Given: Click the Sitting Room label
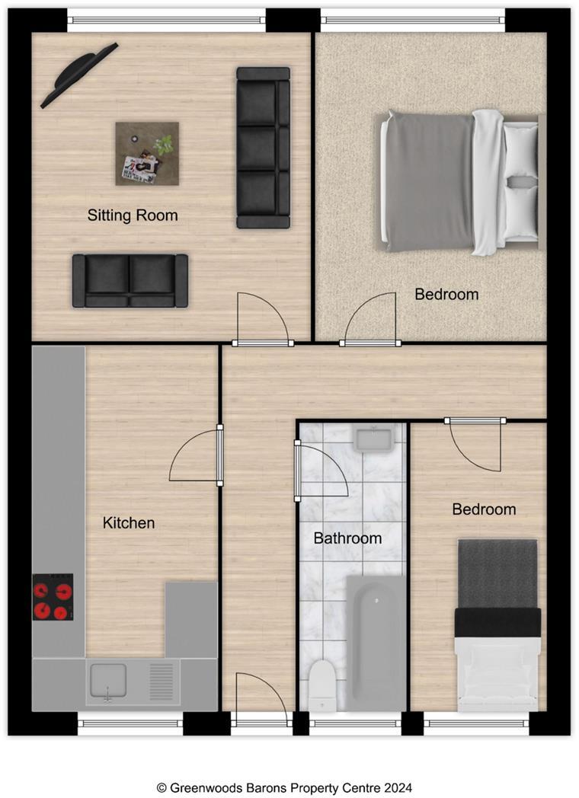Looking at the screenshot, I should (133, 215).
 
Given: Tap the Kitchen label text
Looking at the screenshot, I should (129, 523).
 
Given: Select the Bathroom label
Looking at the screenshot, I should (347, 538).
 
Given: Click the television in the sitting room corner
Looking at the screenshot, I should (78, 75).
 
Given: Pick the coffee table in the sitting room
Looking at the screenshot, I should (147, 154).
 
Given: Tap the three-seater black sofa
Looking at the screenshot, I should (263, 148).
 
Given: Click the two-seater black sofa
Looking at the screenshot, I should (130, 280).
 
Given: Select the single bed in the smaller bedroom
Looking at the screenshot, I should (497, 624).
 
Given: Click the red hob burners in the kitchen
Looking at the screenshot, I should (53, 597).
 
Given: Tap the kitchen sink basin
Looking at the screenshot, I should (108, 680).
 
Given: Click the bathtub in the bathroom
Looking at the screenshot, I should (376, 640).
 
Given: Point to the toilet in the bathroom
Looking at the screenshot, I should (322, 684).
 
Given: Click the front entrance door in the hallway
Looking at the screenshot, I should (260, 697).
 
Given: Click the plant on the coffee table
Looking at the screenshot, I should (163, 145).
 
